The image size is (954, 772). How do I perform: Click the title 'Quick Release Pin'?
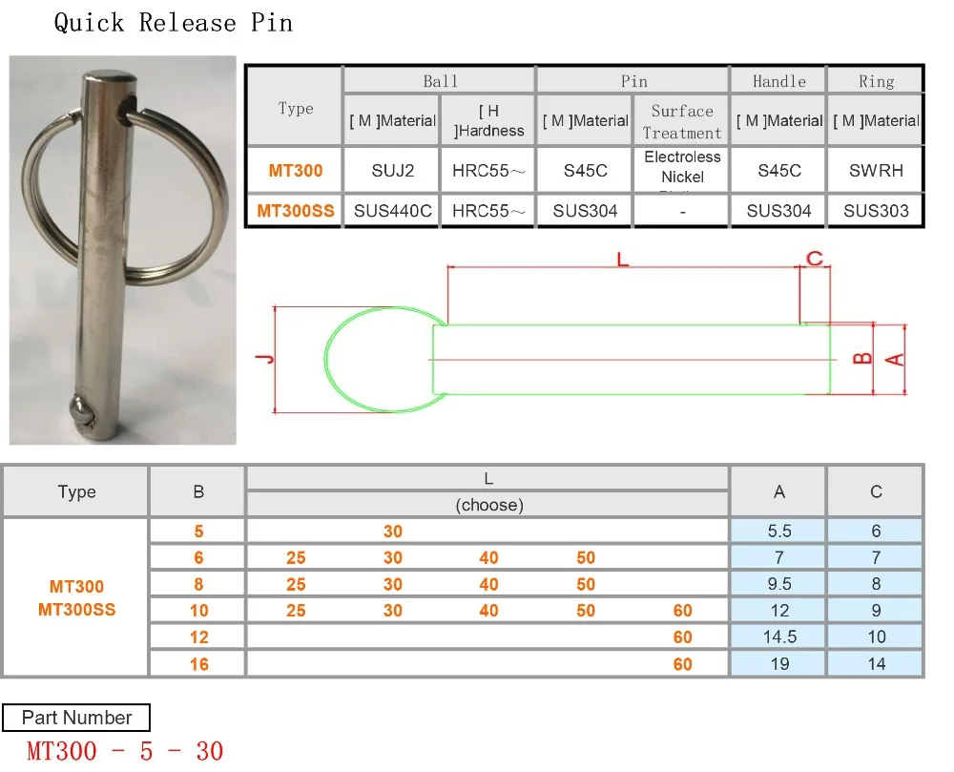click(173, 22)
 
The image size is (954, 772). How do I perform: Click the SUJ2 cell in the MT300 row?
click(391, 172)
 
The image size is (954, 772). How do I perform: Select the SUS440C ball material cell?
click(391, 211)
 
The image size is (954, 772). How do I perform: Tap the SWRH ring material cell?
click(876, 172)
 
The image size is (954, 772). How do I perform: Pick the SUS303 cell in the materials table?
click(876, 211)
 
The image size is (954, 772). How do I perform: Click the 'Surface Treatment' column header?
click(682, 121)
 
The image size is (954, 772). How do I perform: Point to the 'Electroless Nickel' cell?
click(682, 167)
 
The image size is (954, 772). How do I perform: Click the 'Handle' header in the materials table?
click(778, 81)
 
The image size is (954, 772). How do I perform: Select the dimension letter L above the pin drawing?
click(623, 259)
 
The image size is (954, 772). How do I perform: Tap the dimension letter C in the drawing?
click(814, 259)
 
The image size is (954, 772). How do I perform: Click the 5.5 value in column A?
click(779, 532)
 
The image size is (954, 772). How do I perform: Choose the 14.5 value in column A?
click(779, 636)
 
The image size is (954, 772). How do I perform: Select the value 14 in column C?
click(876, 663)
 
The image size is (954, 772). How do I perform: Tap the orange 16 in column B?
click(198, 663)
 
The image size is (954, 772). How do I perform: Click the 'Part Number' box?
click(76, 718)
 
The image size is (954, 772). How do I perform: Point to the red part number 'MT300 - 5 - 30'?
click(125, 751)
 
